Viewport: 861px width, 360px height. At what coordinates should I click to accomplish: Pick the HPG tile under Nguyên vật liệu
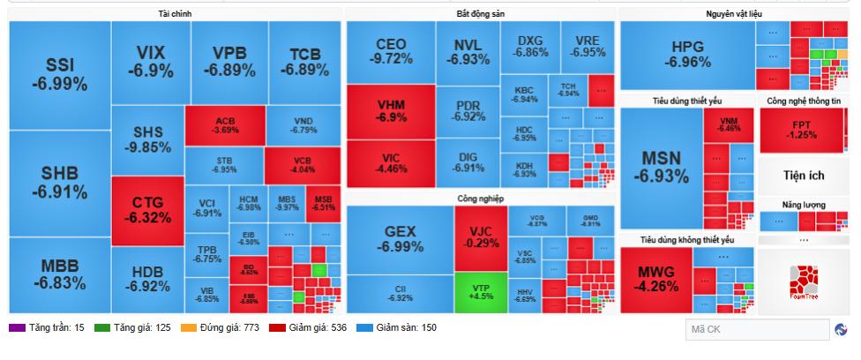[x=690, y=54]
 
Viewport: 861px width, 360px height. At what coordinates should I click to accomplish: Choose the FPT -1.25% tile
[x=802, y=129]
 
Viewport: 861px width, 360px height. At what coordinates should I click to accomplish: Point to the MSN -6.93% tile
[x=661, y=167]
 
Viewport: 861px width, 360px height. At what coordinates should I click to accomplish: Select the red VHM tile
[x=391, y=110]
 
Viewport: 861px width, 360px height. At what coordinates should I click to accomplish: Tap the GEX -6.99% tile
[x=399, y=239]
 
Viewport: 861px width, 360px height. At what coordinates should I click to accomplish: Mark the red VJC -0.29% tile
[x=481, y=237]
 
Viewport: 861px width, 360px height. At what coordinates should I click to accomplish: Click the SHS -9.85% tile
[x=147, y=139]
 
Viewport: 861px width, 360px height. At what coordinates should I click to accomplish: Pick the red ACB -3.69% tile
[x=225, y=124]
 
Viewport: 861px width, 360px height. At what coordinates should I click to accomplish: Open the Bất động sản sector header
[x=481, y=14]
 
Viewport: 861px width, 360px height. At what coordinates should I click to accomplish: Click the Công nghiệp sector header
[x=481, y=199]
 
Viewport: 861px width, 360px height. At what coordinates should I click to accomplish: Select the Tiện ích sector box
[x=802, y=175]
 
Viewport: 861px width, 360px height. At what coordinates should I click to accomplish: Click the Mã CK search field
[x=755, y=330]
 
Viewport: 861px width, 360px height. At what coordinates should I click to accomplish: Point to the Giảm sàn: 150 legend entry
[x=401, y=328]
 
